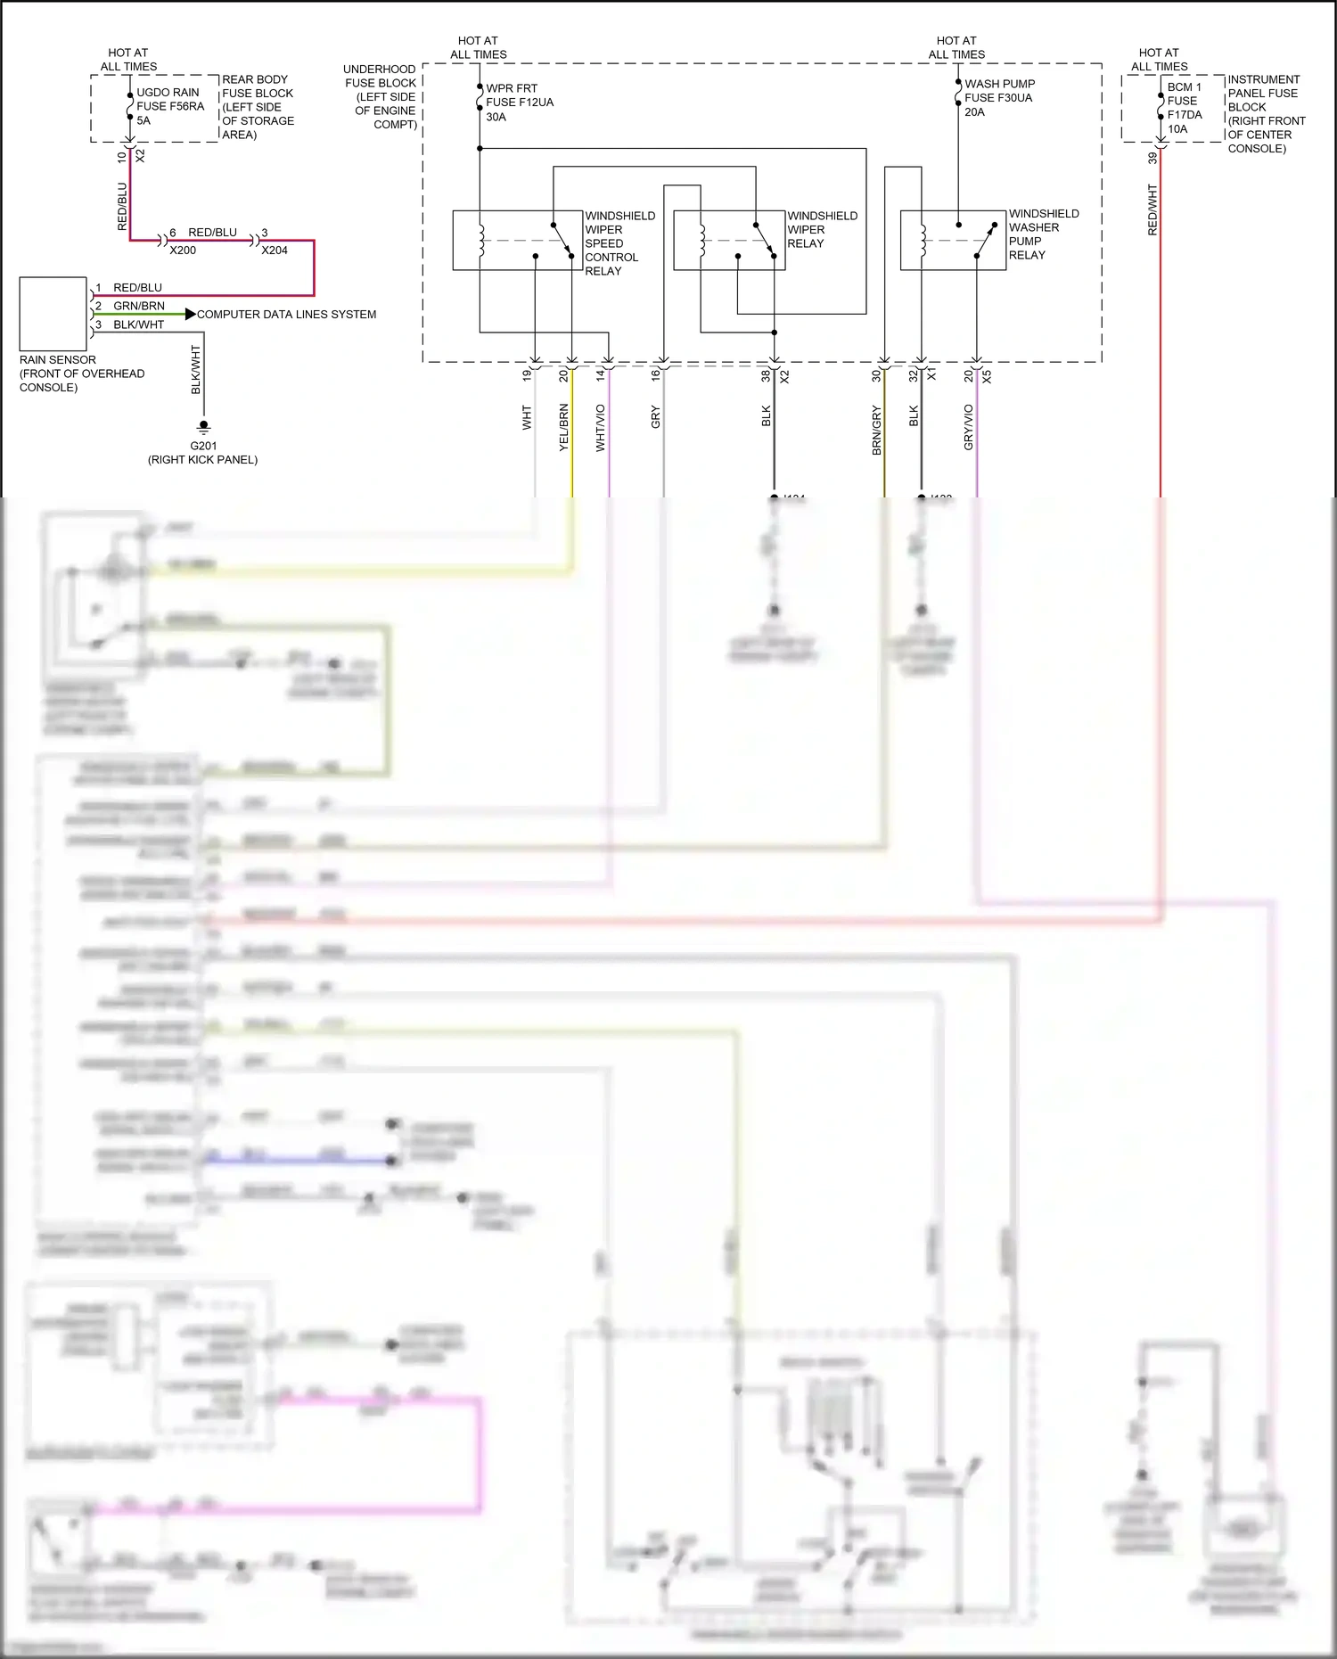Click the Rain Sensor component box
[x=53, y=314]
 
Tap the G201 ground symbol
[x=203, y=427]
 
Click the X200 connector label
[x=183, y=250]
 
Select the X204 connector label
[x=275, y=250]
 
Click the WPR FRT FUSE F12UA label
[x=519, y=103]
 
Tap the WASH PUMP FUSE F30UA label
[x=998, y=98]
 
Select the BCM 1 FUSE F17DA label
[x=1184, y=108]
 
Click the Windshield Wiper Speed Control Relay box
[x=517, y=241]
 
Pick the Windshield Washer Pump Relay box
[x=953, y=241]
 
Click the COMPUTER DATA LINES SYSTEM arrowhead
[x=190, y=314]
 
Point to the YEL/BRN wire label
[x=563, y=427]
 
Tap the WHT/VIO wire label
[x=600, y=427]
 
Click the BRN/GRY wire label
[x=876, y=431]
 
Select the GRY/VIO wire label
[x=968, y=427]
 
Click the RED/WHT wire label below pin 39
[x=1152, y=209]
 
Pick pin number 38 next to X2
[x=766, y=376]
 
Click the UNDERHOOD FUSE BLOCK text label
[x=381, y=96]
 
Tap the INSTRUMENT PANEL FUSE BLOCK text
[x=1265, y=113]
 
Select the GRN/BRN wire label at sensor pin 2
[x=139, y=306]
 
